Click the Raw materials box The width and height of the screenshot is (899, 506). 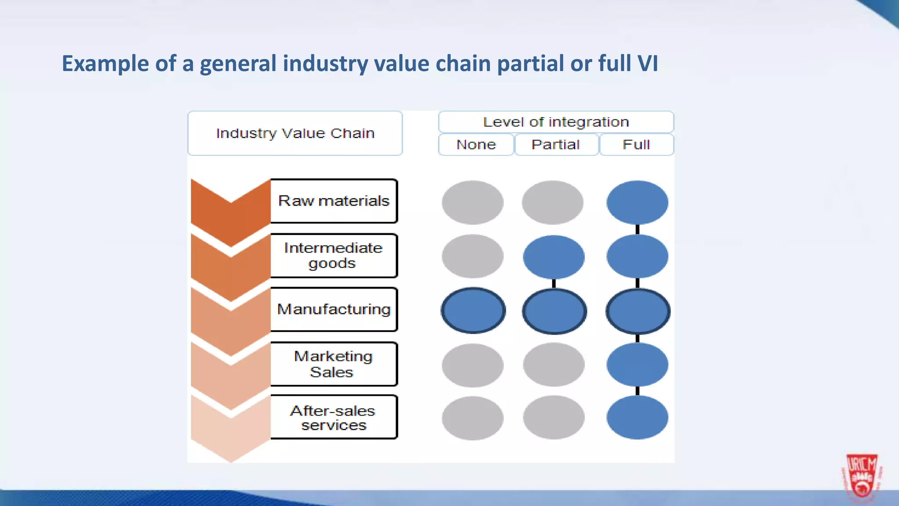coord(334,201)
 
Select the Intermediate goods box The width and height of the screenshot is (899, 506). coord(334,256)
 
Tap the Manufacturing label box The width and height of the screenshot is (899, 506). coord(334,310)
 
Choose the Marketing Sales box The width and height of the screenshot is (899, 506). coord(334,364)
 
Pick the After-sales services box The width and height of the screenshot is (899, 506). coord(334,417)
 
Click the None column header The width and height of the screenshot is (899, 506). coord(476,145)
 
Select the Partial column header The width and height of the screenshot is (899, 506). coord(556,145)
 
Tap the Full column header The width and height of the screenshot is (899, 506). coord(636,145)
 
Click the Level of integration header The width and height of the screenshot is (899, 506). coord(556,122)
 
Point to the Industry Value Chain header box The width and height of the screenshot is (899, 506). coord(295,133)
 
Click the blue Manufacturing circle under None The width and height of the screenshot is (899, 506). coord(473,311)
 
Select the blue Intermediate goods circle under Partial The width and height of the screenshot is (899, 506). coord(554,257)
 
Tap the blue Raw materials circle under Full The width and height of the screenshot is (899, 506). coord(637,202)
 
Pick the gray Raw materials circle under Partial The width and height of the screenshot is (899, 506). coord(553,202)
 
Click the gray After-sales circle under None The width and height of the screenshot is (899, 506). coord(473,418)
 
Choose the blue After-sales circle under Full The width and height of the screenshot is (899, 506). coord(637,417)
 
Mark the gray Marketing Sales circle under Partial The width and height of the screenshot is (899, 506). coord(554,365)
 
